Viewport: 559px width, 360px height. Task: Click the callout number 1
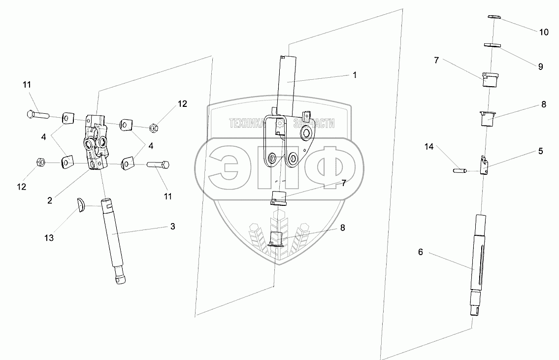click(354, 75)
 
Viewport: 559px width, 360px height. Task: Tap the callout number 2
click(50, 200)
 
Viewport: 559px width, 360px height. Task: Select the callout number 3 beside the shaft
click(172, 226)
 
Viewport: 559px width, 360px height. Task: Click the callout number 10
click(543, 33)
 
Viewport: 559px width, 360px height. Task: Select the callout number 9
click(540, 66)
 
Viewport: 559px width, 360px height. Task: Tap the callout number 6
click(421, 252)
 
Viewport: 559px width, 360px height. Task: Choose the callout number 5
click(540, 151)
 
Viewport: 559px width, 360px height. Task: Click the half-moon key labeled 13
click(81, 204)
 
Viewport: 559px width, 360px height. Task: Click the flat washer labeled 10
click(494, 17)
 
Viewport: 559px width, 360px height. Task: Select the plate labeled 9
click(493, 45)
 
